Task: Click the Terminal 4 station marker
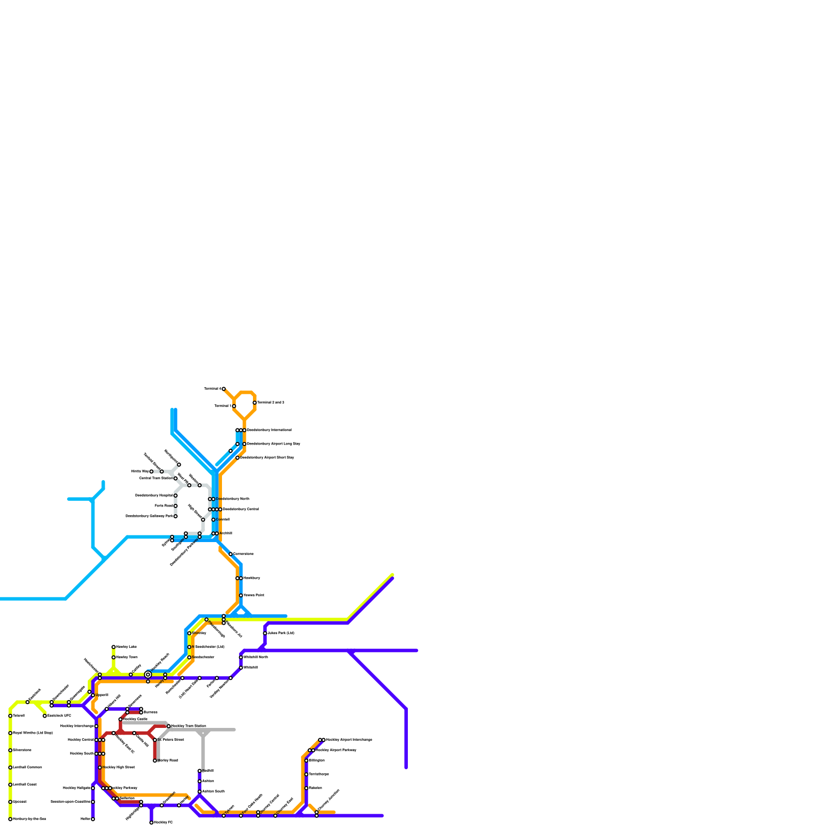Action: pos(224,389)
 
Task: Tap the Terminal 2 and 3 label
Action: pos(271,402)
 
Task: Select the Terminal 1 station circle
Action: pos(234,406)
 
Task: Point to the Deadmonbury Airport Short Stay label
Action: pos(267,457)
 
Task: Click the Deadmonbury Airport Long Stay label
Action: pos(274,443)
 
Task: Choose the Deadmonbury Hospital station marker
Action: pos(176,496)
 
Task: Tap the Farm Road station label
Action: pos(164,506)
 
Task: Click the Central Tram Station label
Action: pos(156,478)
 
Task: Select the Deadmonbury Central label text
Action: pos(241,509)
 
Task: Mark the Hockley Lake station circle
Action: pos(114,647)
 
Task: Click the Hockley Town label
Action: pos(127,657)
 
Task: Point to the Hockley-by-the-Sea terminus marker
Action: pos(10,819)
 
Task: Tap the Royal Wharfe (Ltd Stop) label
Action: pos(33,733)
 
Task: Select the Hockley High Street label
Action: pos(119,767)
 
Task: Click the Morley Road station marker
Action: pos(155,760)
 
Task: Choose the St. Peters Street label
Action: pos(171,739)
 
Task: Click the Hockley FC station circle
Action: pos(151,822)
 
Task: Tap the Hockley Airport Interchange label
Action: pos(349,740)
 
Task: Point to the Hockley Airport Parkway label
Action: pos(336,750)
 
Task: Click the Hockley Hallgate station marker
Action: pos(93,788)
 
